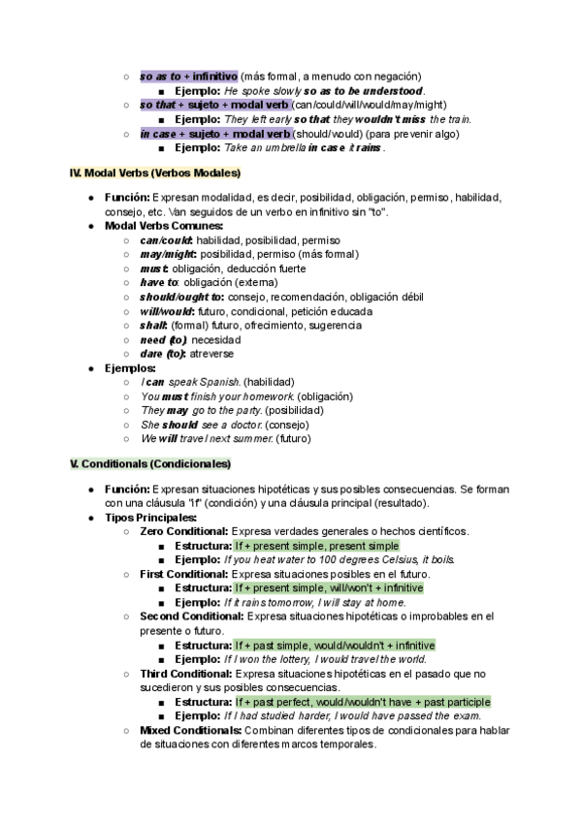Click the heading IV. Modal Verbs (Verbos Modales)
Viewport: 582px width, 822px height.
click(154, 174)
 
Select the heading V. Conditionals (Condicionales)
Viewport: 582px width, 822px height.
click(150, 464)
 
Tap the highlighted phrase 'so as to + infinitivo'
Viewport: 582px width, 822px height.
click(188, 76)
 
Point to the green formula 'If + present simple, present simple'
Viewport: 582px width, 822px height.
click(316, 546)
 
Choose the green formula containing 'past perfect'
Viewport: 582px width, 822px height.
click(362, 701)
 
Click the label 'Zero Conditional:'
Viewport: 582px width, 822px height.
click(184, 531)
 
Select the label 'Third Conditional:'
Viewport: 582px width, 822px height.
click(186, 673)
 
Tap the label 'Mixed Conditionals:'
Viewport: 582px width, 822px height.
click(191, 730)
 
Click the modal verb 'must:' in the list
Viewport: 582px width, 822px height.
click(155, 269)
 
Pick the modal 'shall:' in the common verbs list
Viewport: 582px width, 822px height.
click(155, 326)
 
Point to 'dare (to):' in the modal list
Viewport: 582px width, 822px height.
click(163, 354)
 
